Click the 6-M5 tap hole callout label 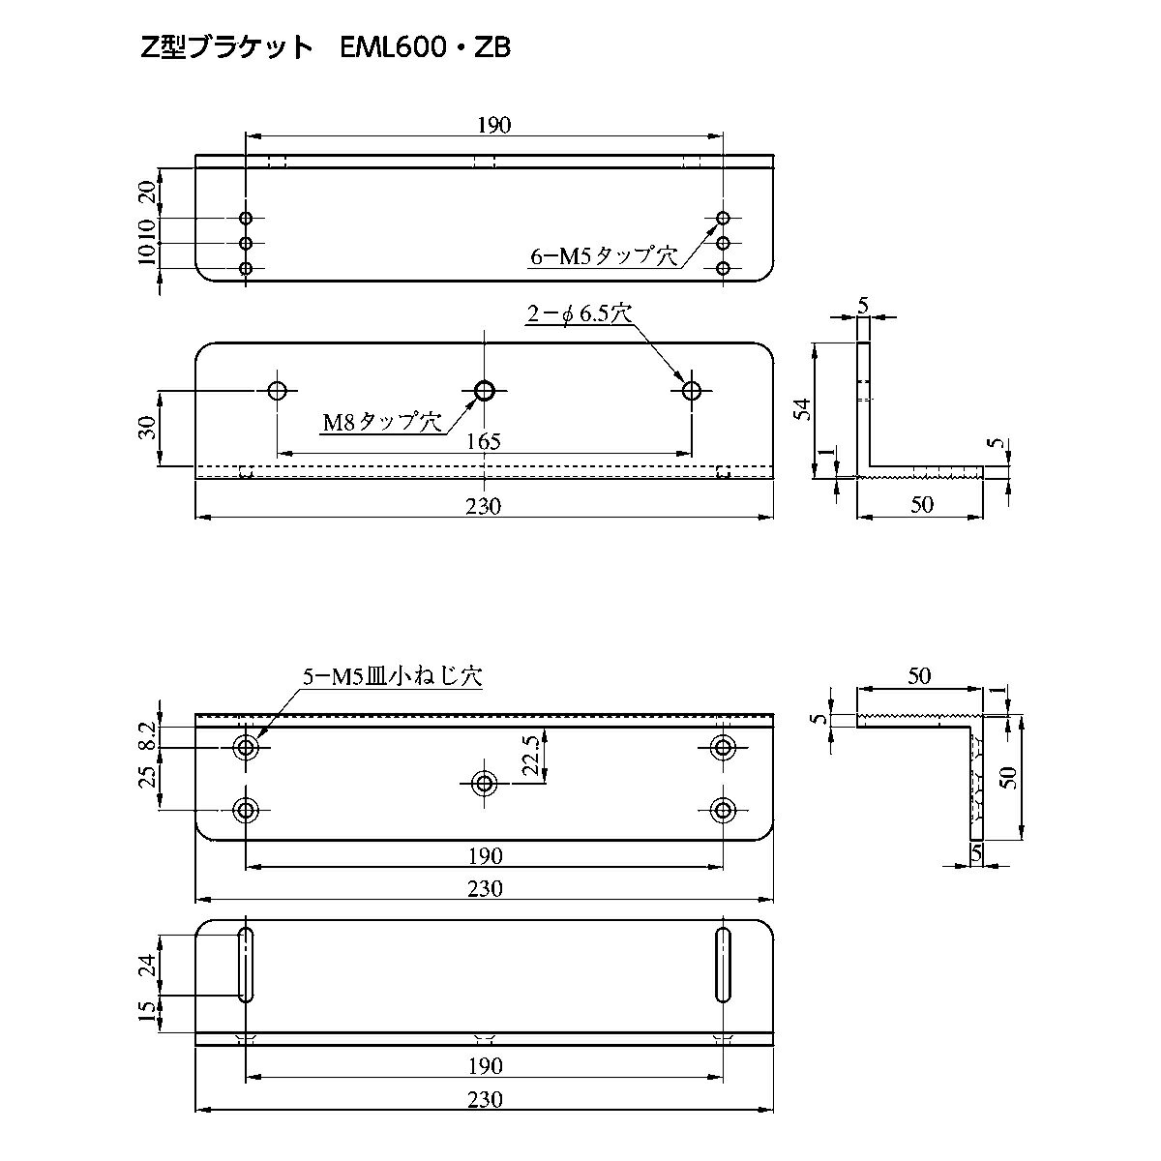[x=603, y=256]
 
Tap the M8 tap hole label [x=381, y=422]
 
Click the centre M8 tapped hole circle [x=485, y=391]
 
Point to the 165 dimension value [x=483, y=441]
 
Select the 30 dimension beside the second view [x=148, y=429]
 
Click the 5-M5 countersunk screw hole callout [x=392, y=678]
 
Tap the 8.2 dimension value [x=148, y=736]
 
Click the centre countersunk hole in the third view [x=484, y=783]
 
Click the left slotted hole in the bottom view [x=246, y=965]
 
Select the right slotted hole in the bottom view [x=723, y=965]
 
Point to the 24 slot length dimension [x=148, y=965]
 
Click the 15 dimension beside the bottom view [x=148, y=1013]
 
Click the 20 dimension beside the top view [x=148, y=191]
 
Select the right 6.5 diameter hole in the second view [x=691, y=391]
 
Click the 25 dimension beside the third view [x=148, y=777]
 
